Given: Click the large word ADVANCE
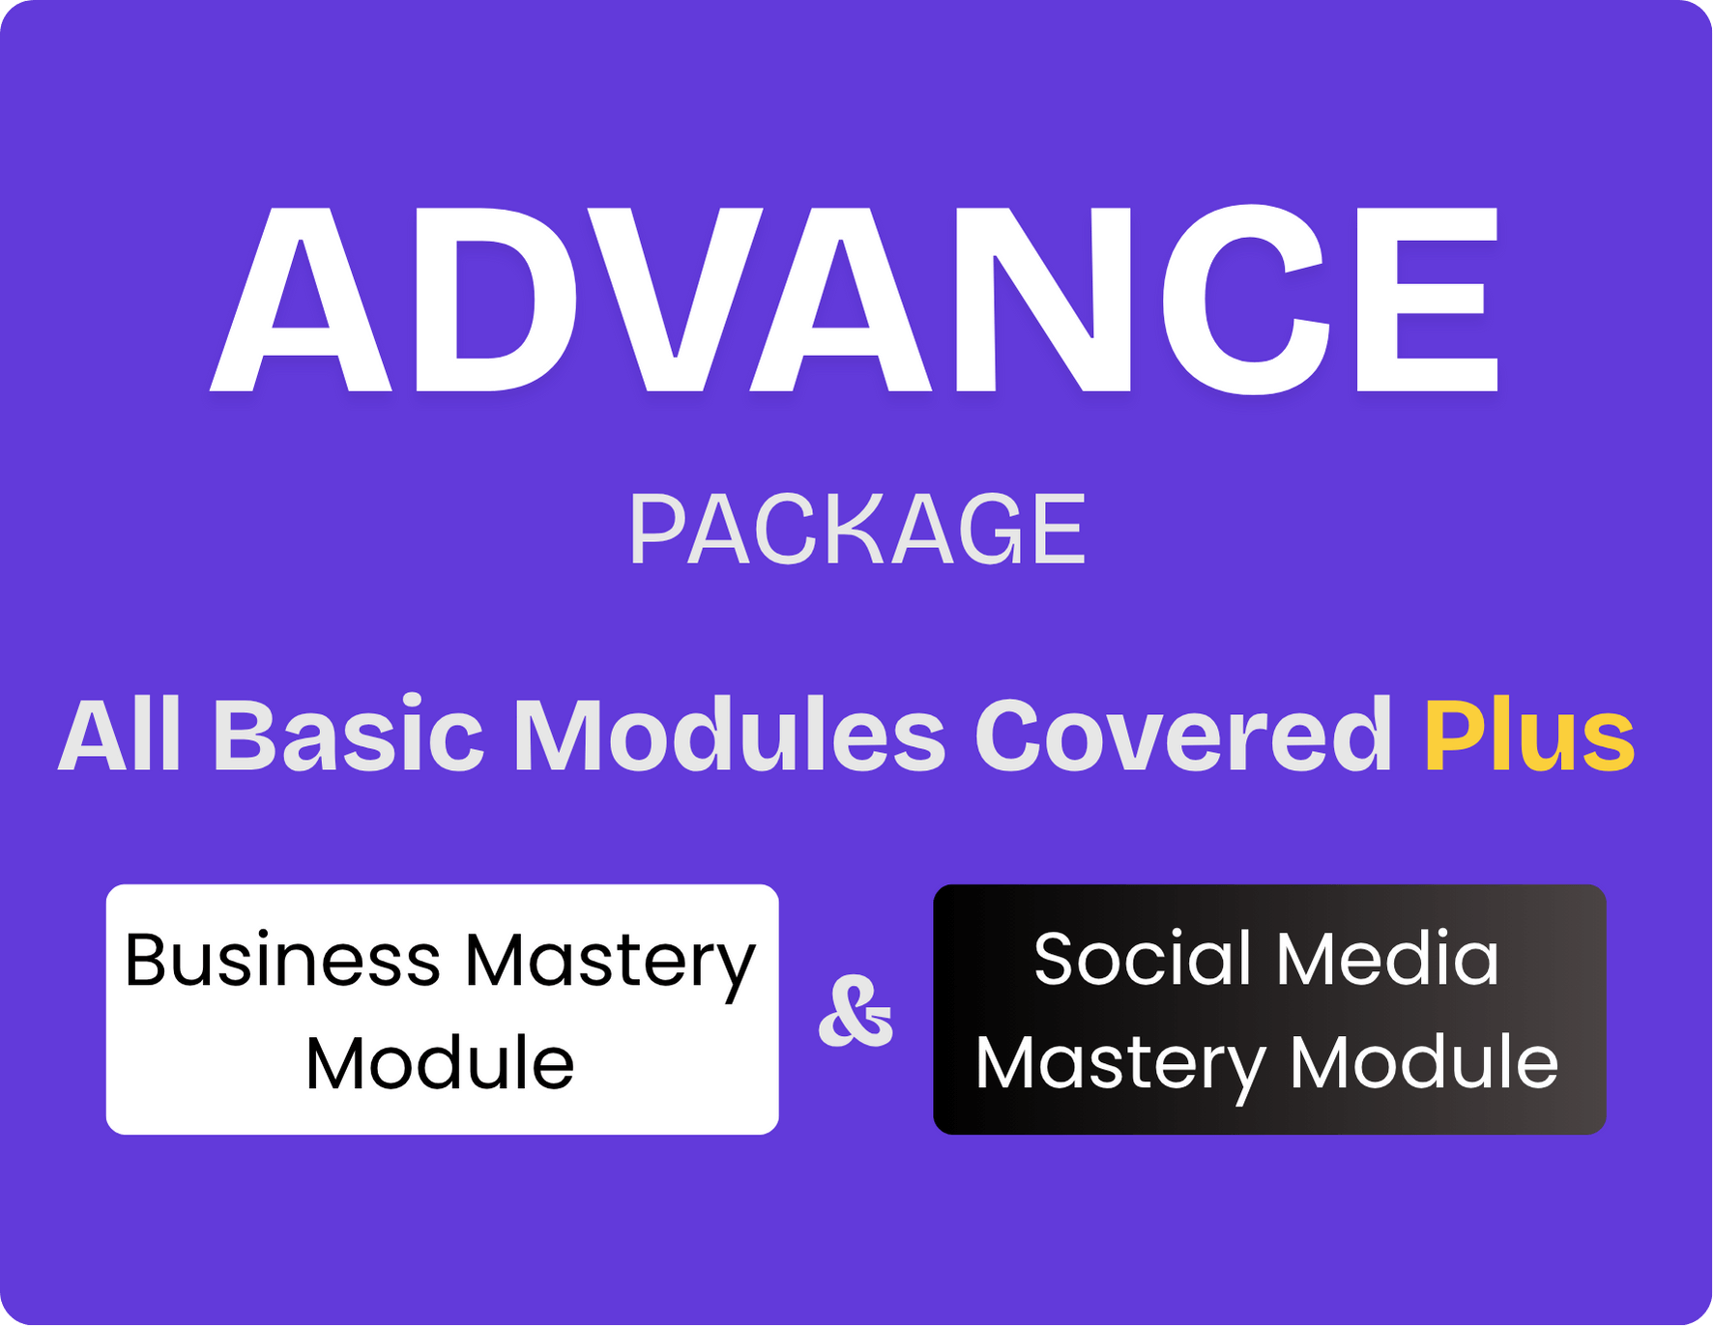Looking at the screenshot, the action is point(855,300).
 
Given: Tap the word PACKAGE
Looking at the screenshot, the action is point(857,529).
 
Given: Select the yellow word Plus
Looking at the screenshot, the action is point(1529,735).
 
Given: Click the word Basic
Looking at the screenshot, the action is point(348,735).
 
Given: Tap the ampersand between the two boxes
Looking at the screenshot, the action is point(856,1011).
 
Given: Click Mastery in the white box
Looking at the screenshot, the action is point(611,966).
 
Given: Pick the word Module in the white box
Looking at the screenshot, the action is point(440,1064).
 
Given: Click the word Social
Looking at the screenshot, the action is point(1143,959).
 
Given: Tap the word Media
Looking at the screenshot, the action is point(1387,959).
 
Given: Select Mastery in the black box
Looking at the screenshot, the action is point(1120,1068).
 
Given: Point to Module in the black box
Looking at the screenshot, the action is point(1425,1062).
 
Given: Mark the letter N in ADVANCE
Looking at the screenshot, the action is point(1043,300).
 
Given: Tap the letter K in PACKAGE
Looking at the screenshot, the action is point(856,529).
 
